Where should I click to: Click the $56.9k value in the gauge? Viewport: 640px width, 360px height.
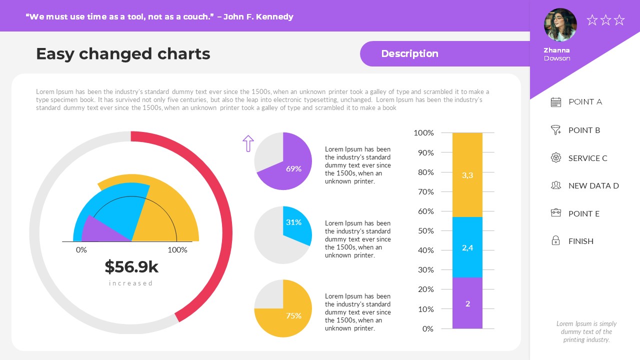(x=131, y=267)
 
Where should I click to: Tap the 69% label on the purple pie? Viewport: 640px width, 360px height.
(x=293, y=169)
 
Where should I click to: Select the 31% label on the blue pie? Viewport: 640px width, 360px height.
(x=293, y=222)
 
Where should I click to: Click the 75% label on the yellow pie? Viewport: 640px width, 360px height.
(x=293, y=316)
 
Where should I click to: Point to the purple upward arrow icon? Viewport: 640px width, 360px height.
(x=248, y=143)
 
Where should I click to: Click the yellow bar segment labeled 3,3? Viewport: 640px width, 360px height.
(x=467, y=175)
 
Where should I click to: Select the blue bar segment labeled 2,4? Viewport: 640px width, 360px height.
(x=467, y=247)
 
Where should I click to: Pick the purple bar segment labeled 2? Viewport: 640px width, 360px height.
(x=467, y=303)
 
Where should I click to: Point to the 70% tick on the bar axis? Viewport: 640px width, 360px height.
(x=425, y=191)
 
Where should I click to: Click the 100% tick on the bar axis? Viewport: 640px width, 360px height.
(x=423, y=133)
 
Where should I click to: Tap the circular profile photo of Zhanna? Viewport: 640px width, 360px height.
(x=560, y=25)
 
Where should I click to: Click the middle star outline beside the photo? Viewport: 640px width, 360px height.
(x=605, y=20)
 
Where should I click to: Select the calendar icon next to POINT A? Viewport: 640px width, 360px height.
(x=555, y=102)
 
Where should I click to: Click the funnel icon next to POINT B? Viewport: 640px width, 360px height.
(x=555, y=130)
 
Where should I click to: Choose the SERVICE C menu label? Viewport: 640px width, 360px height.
(x=587, y=158)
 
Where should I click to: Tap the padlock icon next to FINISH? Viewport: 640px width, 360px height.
(x=555, y=241)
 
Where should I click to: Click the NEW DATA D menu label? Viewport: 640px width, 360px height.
(x=593, y=186)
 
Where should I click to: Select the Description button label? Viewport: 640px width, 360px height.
(x=409, y=54)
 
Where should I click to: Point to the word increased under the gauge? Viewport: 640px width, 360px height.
(x=131, y=283)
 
